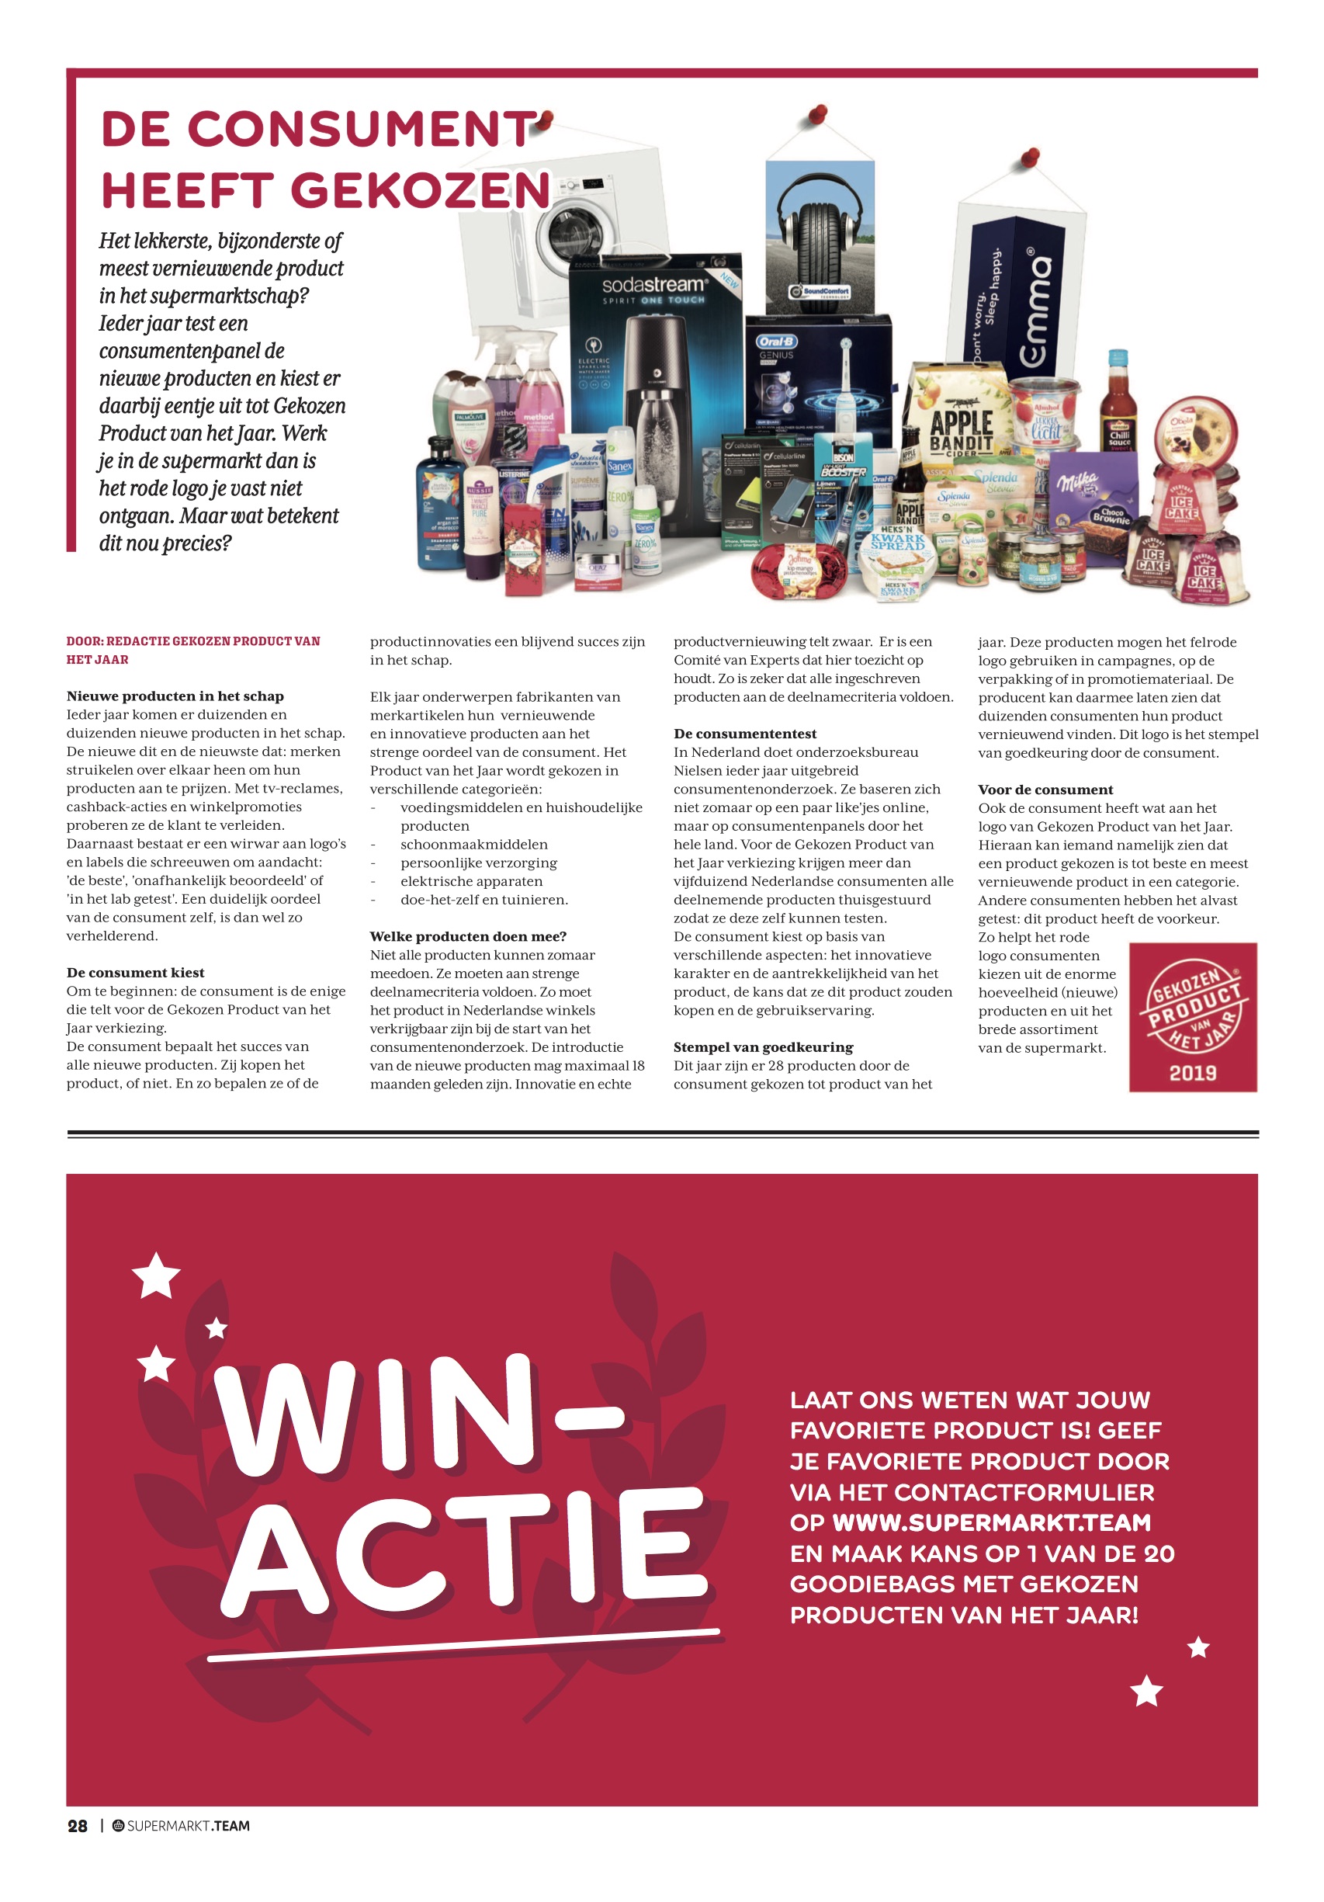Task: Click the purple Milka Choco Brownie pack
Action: pos(1094,497)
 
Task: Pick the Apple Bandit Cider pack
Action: pos(961,422)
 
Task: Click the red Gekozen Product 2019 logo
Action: pos(1192,1016)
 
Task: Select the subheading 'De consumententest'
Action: pos(744,734)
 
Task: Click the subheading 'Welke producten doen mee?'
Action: pos(468,936)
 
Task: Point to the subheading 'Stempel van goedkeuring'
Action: pos(763,1047)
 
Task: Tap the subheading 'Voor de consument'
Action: pos(1045,790)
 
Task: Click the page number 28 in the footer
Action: pos(77,1826)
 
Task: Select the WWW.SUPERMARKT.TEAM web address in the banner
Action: pos(991,1522)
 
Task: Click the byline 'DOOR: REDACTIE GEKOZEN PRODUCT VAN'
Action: pos(193,641)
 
